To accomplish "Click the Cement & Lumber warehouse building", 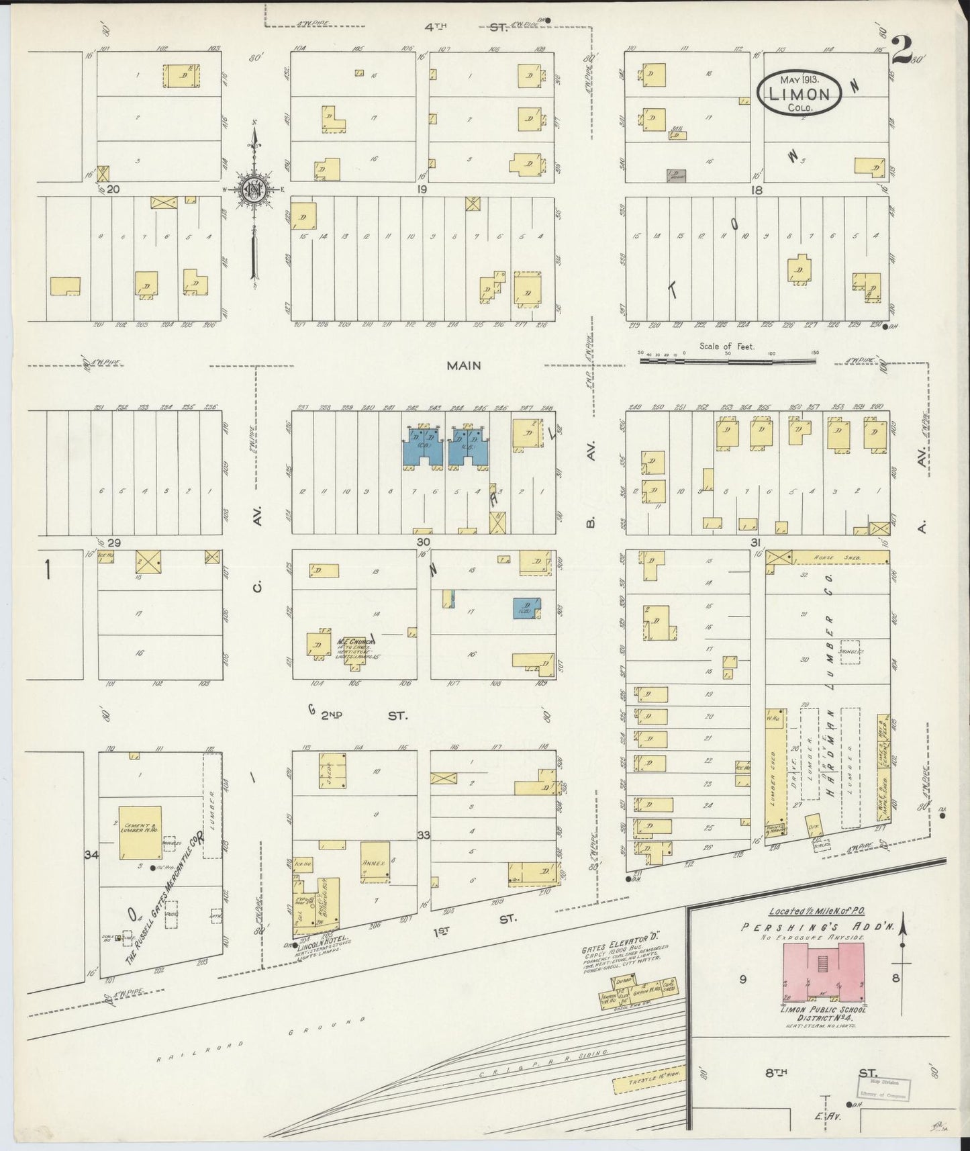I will click(x=140, y=832).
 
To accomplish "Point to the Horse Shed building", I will click(x=839, y=557).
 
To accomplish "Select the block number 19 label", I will click(x=421, y=190).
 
